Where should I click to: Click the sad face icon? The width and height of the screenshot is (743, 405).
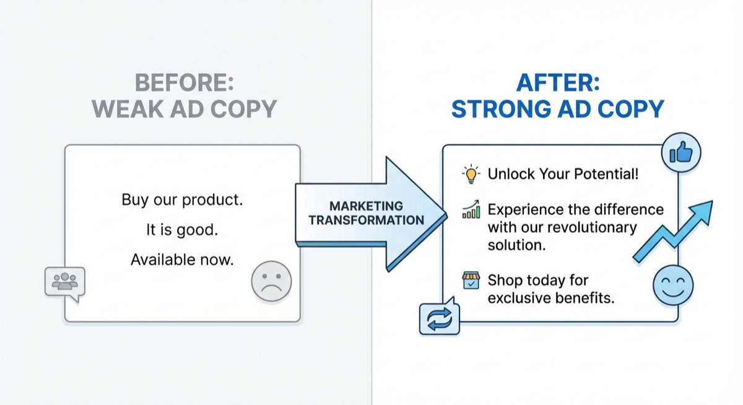tap(271, 282)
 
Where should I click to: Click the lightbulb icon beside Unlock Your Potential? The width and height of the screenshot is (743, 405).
tap(471, 174)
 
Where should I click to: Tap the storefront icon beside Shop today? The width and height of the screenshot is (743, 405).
tap(471, 281)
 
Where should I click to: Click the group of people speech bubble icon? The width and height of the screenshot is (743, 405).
tap(64, 283)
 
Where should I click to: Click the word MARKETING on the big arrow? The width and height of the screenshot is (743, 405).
tap(366, 206)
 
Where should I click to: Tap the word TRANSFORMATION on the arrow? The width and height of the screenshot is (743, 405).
tap(366, 220)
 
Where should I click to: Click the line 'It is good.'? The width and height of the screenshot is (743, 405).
tap(182, 230)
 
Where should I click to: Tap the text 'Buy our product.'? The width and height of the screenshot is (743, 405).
tap(182, 200)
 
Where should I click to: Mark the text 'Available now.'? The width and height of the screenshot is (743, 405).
tap(182, 259)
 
